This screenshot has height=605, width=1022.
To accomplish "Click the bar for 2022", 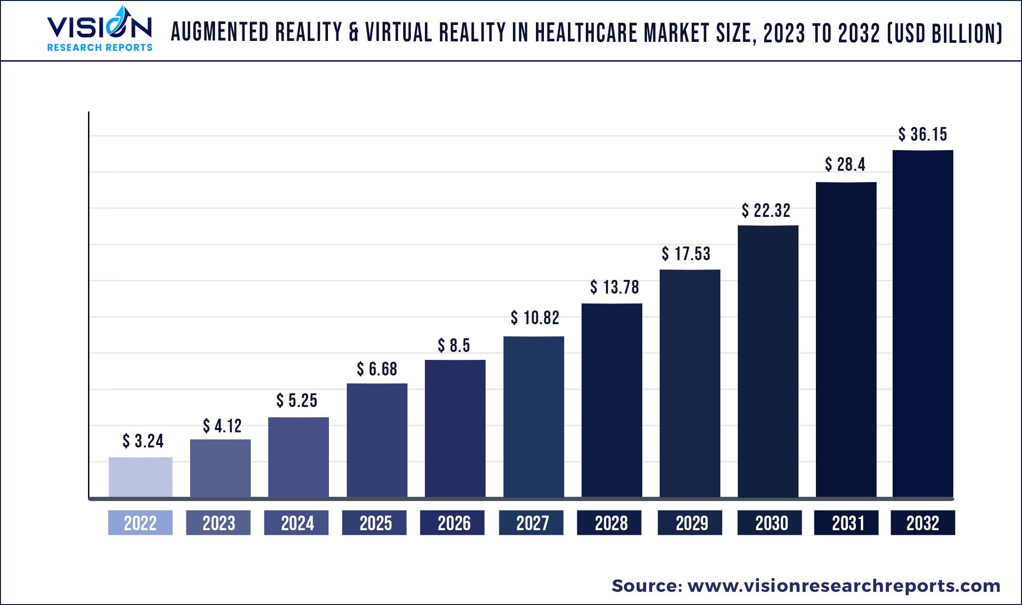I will click(x=140, y=477).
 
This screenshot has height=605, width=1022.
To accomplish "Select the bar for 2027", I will click(x=534, y=416).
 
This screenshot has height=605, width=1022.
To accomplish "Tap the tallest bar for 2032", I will click(x=923, y=323).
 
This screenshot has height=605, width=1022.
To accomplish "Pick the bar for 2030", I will click(x=768, y=361).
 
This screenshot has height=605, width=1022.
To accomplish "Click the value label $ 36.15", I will click(x=922, y=135).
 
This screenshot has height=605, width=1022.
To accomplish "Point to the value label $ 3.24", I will click(x=143, y=441).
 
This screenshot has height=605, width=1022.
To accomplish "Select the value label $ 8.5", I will click(x=454, y=346).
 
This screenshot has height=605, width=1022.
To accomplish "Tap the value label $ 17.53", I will click(x=686, y=254).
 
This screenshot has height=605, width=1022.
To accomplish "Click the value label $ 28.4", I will click(x=845, y=165).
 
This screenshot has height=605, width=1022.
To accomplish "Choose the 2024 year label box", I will click(x=296, y=523).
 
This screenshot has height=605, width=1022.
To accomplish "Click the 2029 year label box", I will click(x=690, y=523).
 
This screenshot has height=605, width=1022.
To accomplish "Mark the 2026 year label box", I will click(x=453, y=523).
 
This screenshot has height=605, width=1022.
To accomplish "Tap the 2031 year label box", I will click(x=846, y=523).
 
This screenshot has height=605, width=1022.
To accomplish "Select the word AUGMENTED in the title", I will click(x=220, y=33).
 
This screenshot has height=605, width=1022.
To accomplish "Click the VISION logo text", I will click(x=99, y=27).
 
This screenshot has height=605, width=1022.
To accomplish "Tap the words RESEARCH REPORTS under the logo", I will click(x=100, y=48).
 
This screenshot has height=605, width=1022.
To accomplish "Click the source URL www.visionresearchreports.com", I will click(x=844, y=586).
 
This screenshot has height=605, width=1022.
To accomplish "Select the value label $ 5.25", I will click(x=296, y=401).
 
